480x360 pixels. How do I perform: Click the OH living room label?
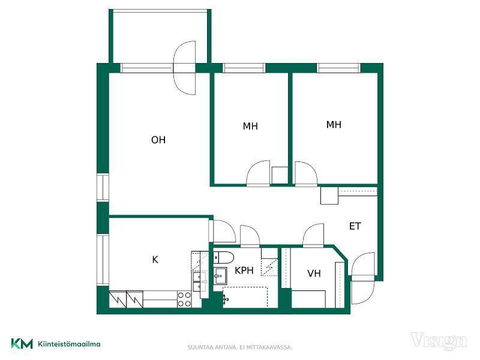[x=158, y=140]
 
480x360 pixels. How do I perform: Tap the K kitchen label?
[x=155, y=260]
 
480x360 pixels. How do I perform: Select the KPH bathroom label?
[x=244, y=271]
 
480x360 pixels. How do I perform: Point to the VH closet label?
[x=314, y=274]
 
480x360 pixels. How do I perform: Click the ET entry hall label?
[x=355, y=226]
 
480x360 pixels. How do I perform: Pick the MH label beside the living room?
[x=250, y=126]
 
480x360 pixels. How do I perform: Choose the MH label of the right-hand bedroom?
[x=334, y=125]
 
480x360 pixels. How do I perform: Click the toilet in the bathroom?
[x=223, y=257]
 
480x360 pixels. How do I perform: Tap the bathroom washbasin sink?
[x=220, y=276]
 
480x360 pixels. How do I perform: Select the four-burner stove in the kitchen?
[x=184, y=299]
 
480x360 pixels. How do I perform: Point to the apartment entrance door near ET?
[x=363, y=278]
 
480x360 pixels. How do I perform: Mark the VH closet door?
[x=313, y=235]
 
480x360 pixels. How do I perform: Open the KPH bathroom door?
[x=250, y=236]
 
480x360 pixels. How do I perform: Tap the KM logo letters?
[x=22, y=343]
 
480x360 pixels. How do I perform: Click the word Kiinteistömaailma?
[x=69, y=344]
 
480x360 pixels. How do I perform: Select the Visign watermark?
[x=439, y=341]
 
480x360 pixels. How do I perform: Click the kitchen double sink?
[x=199, y=281]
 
